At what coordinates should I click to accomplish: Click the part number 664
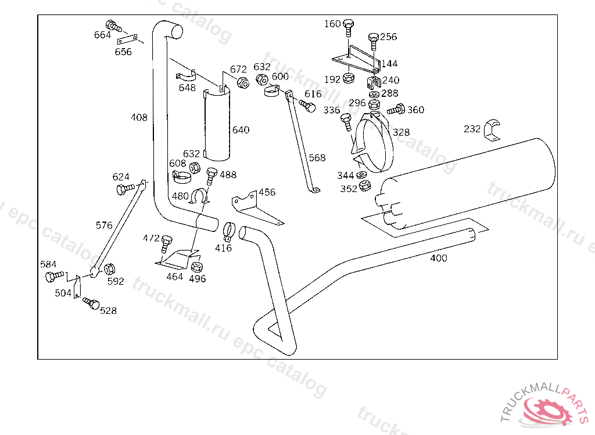(x=102, y=35)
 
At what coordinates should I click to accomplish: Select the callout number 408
(x=139, y=118)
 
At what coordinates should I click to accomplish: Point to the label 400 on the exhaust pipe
(x=439, y=258)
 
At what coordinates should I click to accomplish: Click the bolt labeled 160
(x=349, y=26)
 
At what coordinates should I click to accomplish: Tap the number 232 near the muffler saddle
(x=472, y=129)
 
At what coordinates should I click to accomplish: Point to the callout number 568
(x=317, y=158)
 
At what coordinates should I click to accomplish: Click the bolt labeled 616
(x=308, y=106)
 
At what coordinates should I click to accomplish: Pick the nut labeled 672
(x=243, y=82)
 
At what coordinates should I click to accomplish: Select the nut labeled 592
(x=109, y=268)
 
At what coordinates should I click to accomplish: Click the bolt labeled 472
(x=167, y=242)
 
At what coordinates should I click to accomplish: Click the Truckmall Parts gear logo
(x=546, y=409)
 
